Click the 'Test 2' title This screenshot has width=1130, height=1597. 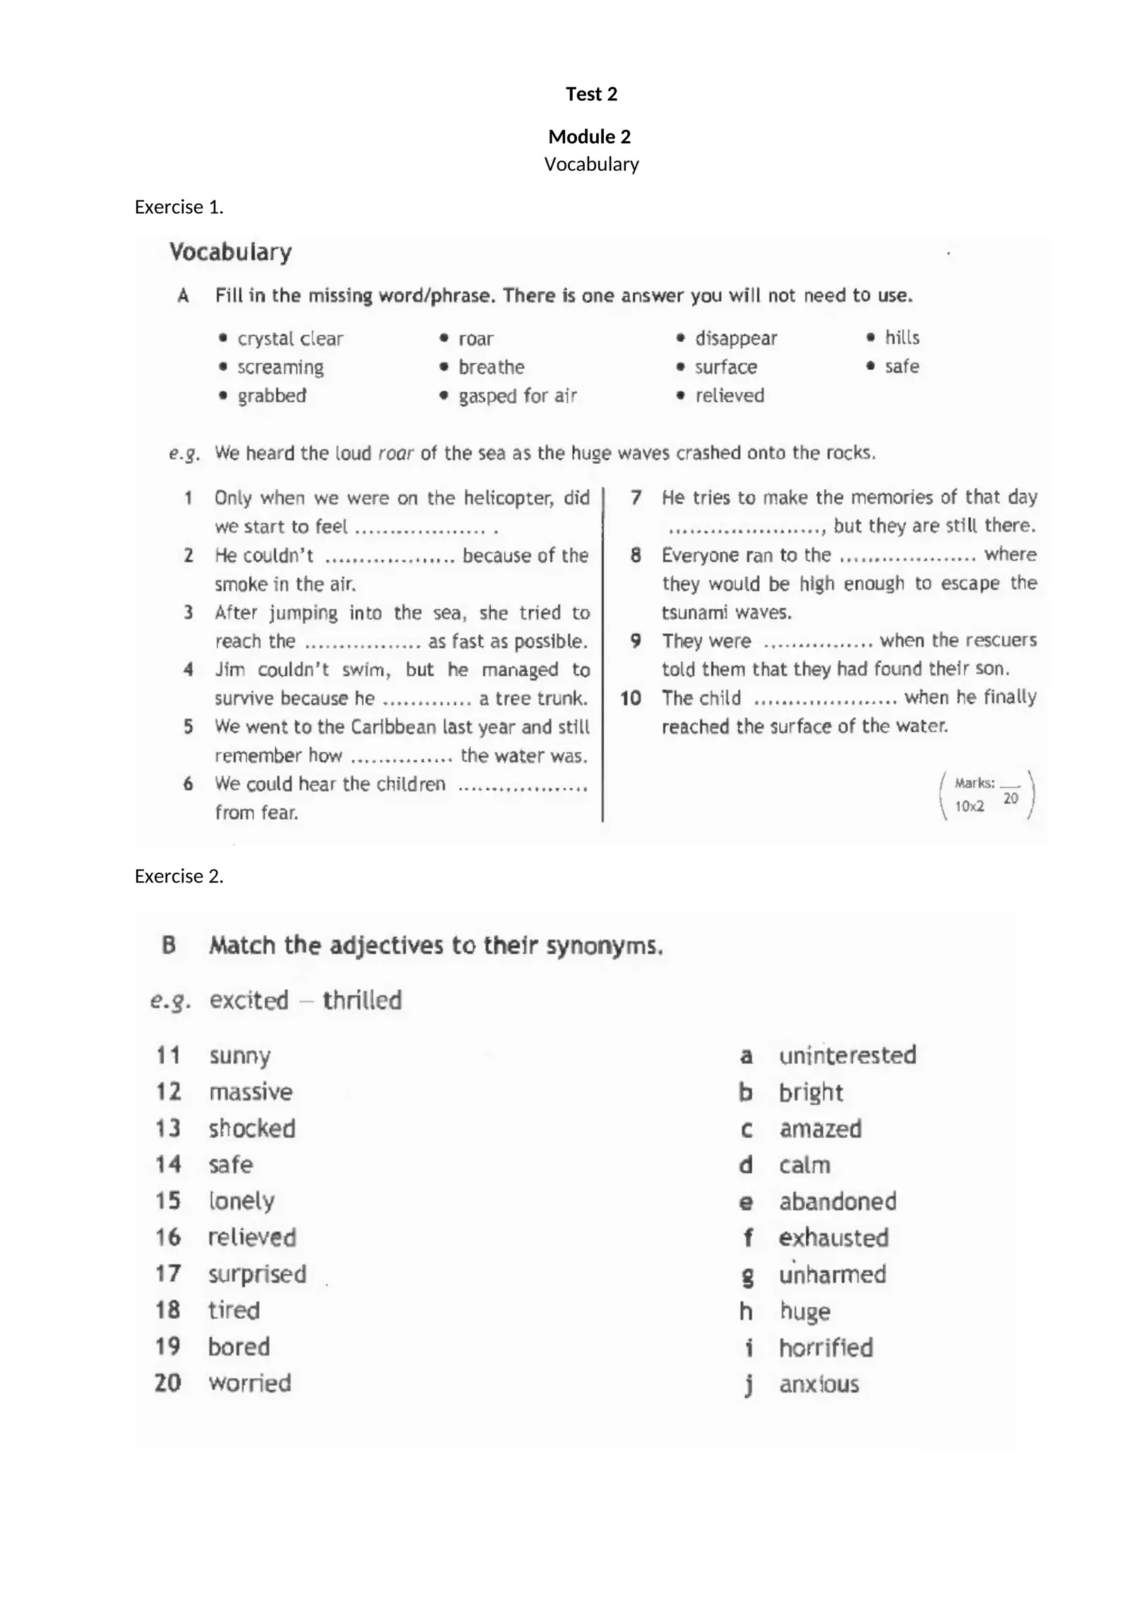(x=591, y=94)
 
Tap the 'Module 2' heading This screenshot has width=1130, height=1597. (x=589, y=136)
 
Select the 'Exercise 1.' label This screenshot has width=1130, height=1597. (x=179, y=207)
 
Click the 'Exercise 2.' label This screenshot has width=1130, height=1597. (x=179, y=876)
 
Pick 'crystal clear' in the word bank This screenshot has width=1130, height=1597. (x=290, y=339)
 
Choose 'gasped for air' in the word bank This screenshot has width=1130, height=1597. (x=518, y=396)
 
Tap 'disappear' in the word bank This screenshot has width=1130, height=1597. (x=736, y=338)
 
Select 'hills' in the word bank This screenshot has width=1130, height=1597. (x=902, y=337)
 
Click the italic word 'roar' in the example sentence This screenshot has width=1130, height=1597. (x=395, y=453)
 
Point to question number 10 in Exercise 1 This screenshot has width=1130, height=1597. (x=631, y=698)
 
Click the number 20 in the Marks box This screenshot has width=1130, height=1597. (x=1011, y=798)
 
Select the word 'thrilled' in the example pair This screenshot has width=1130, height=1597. (x=362, y=1000)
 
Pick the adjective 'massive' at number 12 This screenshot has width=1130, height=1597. (x=251, y=1092)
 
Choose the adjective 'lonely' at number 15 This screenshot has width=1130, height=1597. (x=242, y=1201)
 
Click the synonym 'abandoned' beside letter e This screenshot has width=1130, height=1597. (x=838, y=1202)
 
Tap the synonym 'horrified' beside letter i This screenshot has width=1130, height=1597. (x=826, y=1348)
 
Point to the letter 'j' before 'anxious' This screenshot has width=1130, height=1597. (x=748, y=1384)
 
